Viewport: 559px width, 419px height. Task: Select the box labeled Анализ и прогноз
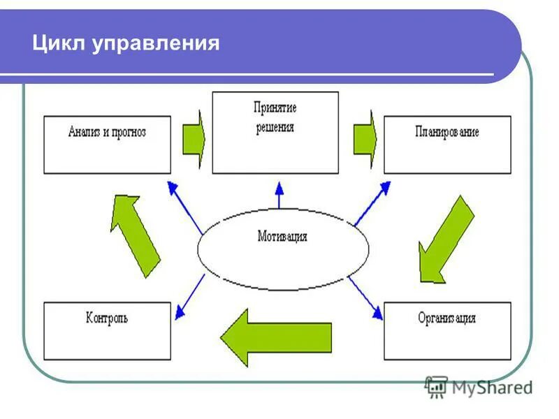[x=107, y=145]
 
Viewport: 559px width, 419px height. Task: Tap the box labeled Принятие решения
[x=275, y=132]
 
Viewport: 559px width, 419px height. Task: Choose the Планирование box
[x=447, y=145]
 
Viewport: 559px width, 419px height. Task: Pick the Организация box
[x=447, y=330]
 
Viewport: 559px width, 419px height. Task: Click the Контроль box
[x=107, y=330]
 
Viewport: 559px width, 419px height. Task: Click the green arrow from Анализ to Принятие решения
[x=194, y=138]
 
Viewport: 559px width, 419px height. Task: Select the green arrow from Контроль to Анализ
[x=135, y=234]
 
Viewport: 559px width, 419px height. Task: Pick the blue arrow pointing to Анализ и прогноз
[x=184, y=206]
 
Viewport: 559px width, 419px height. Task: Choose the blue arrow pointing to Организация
[x=365, y=297]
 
